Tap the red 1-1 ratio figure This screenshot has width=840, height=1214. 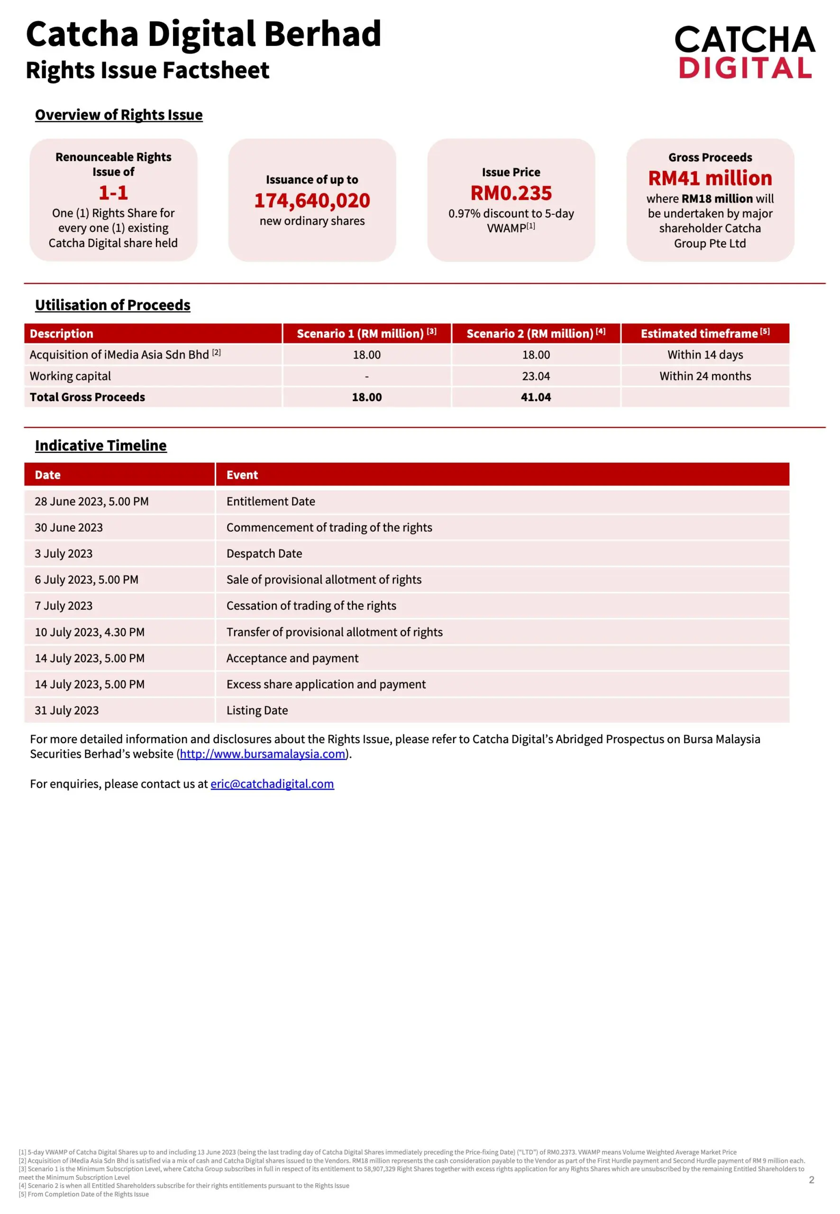click(113, 193)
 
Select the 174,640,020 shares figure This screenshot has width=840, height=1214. click(312, 201)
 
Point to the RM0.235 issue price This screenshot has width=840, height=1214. click(511, 193)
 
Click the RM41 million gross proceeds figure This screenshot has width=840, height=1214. click(710, 178)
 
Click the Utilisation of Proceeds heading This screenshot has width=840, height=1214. click(113, 305)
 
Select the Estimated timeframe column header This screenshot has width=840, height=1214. click(705, 333)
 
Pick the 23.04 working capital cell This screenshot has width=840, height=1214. click(536, 376)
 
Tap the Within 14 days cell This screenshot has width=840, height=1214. click(705, 355)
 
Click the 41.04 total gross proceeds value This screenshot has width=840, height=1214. click(536, 397)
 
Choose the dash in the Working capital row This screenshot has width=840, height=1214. click(367, 377)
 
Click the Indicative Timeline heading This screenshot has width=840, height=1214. click(100, 445)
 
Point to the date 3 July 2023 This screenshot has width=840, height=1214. click(64, 553)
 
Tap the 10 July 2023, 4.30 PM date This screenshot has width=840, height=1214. click(90, 632)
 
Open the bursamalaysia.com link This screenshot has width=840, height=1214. click(262, 754)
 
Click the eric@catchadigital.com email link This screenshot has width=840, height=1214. click(272, 784)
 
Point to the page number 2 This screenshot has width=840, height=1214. click(811, 1180)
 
